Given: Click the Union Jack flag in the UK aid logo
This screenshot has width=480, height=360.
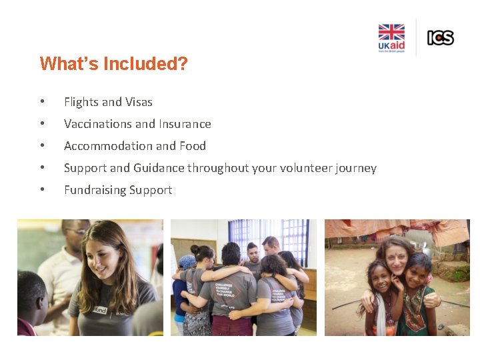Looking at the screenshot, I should click(391, 33).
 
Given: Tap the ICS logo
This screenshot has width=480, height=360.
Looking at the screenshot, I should click(440, 38).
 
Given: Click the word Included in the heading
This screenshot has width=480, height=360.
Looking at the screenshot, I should click(126, 64).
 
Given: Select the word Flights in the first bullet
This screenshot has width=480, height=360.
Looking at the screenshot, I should click(81, 102).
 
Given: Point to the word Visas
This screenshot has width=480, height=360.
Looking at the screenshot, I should click(138, 102).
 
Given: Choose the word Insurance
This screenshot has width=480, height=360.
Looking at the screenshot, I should click(185, 124).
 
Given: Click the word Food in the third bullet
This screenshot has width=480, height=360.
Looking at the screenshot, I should click(193, 146).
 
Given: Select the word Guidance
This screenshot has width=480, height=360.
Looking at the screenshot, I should click(159, 168).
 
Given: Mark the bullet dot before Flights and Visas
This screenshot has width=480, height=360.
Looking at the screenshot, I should click(42, 102).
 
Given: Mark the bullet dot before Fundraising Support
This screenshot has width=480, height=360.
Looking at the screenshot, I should click(42, 190).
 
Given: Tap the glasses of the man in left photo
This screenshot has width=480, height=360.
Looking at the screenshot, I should click(77, 231).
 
